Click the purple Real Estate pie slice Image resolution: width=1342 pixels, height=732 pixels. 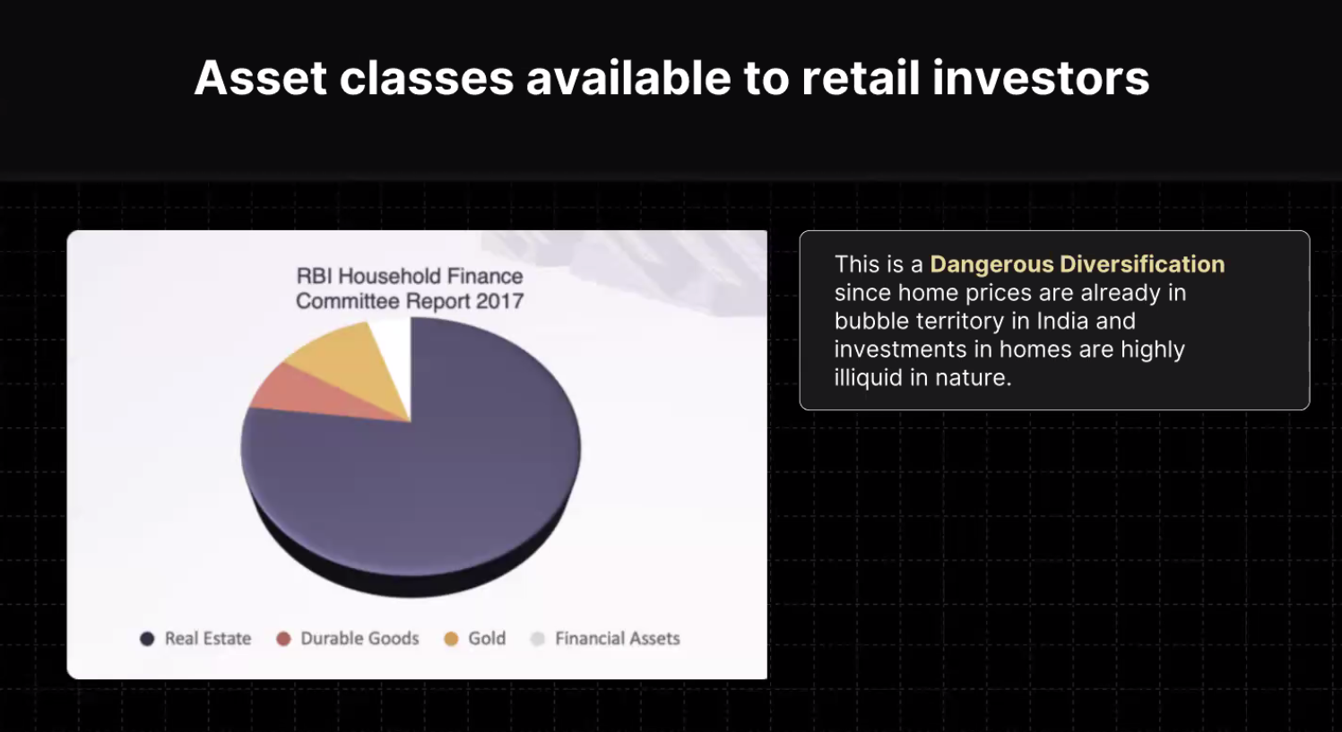pyautogui.click(x=431, y=473)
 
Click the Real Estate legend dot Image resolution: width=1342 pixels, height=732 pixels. pyautogui.click(x=147, y=639)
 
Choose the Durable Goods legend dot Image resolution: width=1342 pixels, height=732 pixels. pyautogui.click(x=283, y=639)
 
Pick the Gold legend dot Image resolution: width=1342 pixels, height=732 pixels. pyautogui.click(x=451, y=639)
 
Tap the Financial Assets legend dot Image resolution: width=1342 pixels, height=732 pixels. pyautogui.click(x=537, y=639)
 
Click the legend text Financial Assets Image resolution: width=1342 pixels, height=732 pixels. pyautogui.click(x=618, y=639)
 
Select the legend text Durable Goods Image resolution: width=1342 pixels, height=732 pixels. pyautogui.click(x=359, y=639)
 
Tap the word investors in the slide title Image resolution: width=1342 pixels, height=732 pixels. pyautogui.click(x=1041, y=78)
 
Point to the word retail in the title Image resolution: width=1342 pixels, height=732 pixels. pyautogui.click(x=860, y=78)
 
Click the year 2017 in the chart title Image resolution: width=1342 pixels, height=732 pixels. pyautogui.click(x=499, y=301)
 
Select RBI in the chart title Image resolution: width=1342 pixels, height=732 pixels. pyautogui.click(x=316, y=276)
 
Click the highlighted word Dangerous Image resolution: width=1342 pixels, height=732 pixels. pyautogui.click(x=991, y=264)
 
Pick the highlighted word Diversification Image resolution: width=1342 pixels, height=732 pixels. pyautogui.click(x=1142, y=264)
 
